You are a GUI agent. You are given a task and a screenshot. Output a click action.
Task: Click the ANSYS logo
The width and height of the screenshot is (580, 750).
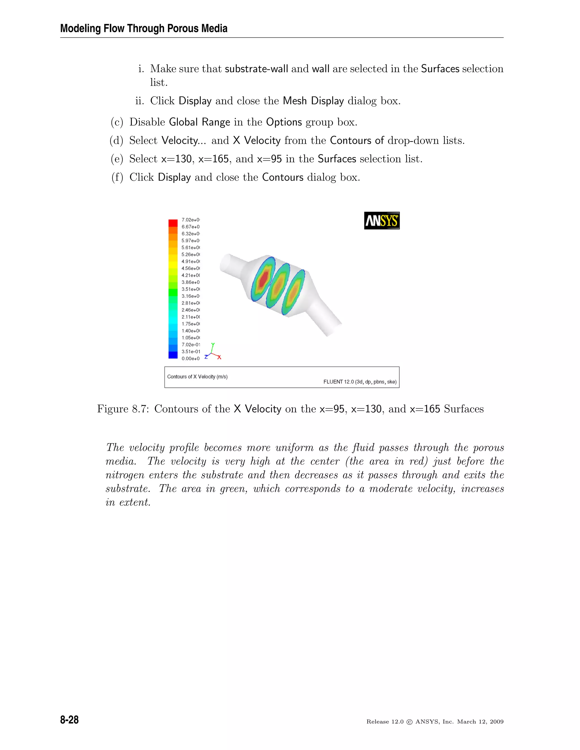coord(382,220)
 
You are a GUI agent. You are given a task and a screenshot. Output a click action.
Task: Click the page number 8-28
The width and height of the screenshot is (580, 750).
coord(69,720)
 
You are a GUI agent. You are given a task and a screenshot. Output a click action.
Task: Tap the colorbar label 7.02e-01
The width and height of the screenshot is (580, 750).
coord(191,344)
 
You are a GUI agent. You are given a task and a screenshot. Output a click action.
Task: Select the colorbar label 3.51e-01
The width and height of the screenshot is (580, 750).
coord(191,351)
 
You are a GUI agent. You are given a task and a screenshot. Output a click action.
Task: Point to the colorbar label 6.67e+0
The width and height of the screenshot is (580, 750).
coord(190,227)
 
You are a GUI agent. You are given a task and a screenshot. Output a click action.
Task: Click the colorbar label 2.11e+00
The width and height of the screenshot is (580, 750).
coord(191,317)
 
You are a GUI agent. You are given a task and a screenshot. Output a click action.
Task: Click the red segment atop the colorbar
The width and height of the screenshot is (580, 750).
coord(173,223)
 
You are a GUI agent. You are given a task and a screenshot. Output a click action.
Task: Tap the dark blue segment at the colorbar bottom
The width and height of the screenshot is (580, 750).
coord(173,355)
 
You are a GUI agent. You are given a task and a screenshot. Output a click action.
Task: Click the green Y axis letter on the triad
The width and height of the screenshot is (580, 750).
coord(213,344)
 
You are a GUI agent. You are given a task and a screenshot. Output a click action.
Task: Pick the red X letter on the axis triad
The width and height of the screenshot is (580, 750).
coord(219,357)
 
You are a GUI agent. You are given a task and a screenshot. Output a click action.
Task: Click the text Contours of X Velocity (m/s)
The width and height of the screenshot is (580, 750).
coord(197,377)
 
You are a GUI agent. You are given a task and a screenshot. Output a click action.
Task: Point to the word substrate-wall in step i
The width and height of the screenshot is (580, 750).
coord(256,69)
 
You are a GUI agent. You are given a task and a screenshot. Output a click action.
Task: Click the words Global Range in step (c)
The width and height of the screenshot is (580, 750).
coord(199,122)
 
